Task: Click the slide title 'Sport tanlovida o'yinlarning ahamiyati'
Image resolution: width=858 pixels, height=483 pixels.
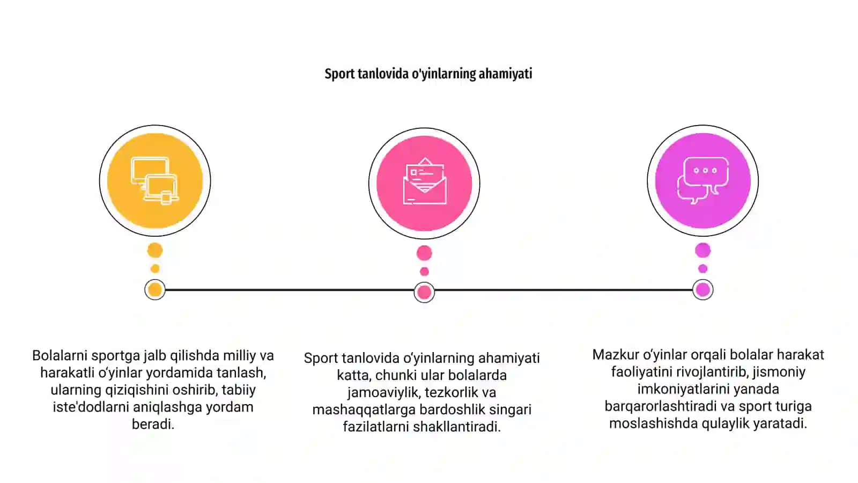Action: pyautogui.click(x=428, y=74)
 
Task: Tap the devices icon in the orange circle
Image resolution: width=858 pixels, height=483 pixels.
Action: pyautogui.click(x=155, y=181)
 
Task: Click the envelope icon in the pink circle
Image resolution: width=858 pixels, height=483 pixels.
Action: pyautogui.click(x=424, y=181)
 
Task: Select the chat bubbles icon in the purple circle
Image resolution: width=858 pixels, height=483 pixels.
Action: pyautogui.click(x=703, y=180)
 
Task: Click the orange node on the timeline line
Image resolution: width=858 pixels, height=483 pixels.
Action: pyautogui.click(x=155, y=290)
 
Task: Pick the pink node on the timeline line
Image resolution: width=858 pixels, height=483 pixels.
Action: pyautogui.click(x=424, y=292)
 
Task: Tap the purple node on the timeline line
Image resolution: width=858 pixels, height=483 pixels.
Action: pyautogui.click(x=703, y=290)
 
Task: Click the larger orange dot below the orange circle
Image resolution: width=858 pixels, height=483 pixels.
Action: pyautogui.click(x=155, y=250)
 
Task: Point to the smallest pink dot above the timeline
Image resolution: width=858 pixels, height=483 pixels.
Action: pyautogui.click(x=424, y=272)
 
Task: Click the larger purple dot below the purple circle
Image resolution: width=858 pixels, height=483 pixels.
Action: pyautogui.click(x=703, y=250)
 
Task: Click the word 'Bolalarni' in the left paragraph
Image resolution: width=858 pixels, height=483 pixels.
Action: pyautogui.click(x=60, y=355)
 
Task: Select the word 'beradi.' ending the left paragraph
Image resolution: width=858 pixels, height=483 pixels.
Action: pyautogui.click(x=153, y=425)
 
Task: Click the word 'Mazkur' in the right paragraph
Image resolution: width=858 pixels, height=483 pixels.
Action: pyautogui.click(x=615, y=355)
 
